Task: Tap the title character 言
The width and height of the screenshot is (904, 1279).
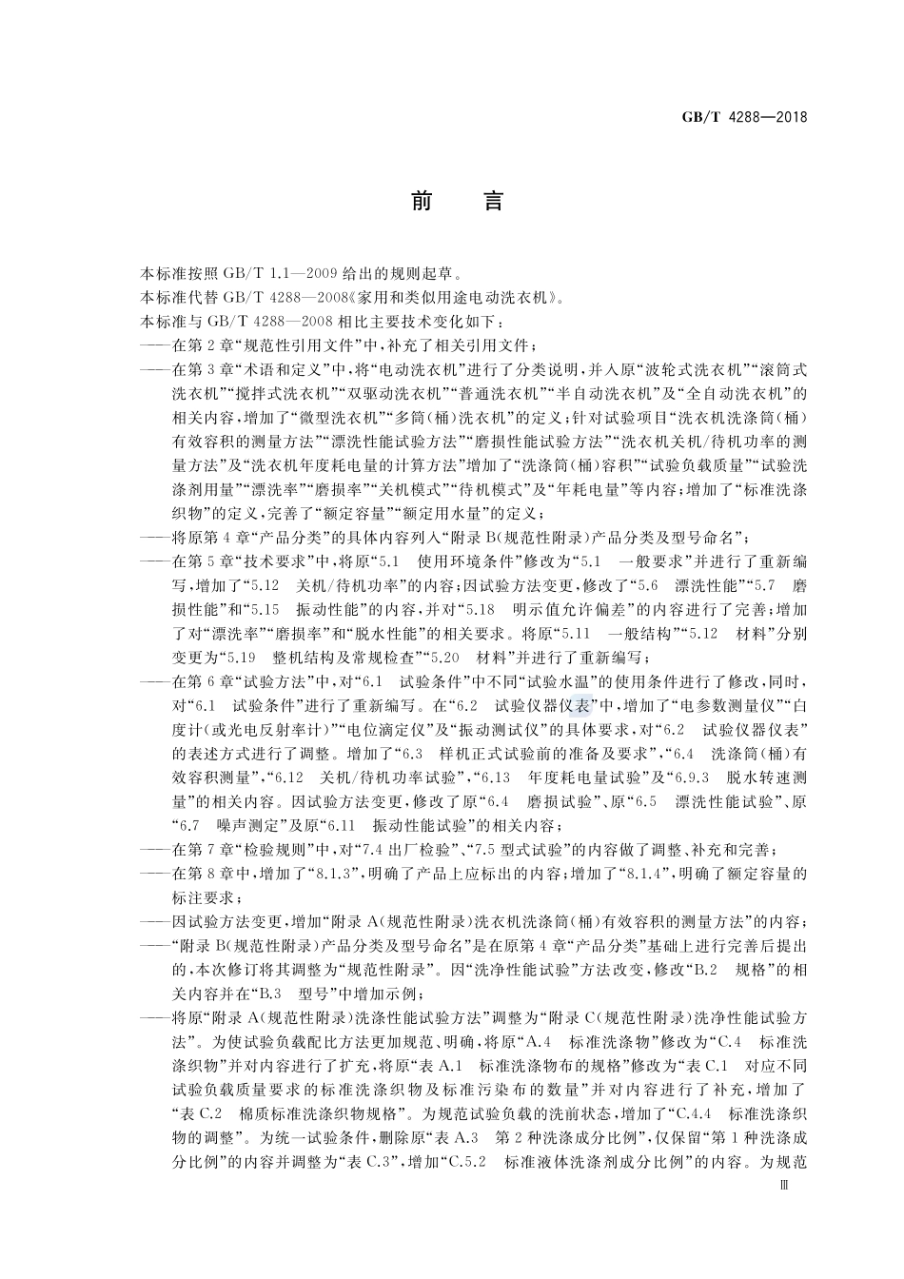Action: pyautogui.click(x=492, y=202)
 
